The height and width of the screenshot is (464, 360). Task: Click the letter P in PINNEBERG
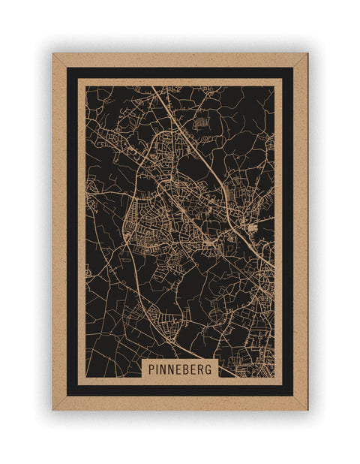pyautogui.click(x=151, y=369)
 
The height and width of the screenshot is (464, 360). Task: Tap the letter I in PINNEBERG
pyautogui.click(x=158, y=369)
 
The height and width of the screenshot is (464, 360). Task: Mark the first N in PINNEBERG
pyautogui.click(x=165, y=369)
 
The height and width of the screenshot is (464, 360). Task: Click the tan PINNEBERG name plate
pyautogui.click(x=181, y=369)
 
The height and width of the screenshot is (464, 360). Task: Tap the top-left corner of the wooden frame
pyautogui.click(x=54, y=55)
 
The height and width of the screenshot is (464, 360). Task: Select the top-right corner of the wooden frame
pyautogui.click(x=306, y=55)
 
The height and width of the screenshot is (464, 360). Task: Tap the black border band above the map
pyautogui.click(x=180, y=72)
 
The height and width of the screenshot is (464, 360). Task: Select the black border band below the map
pyautogui.click(x=180, y=390)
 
